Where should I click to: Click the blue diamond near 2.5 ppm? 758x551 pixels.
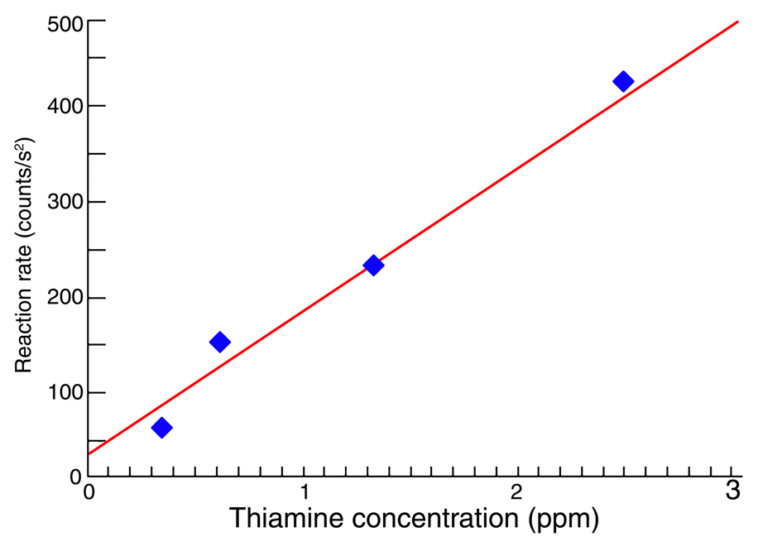coord(623,81)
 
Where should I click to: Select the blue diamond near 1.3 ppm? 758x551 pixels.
coord(373,266)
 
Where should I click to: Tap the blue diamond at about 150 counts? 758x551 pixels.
coord(219,342)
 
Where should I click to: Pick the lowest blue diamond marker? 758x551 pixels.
coord(161,428)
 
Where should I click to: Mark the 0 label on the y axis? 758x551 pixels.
coord(74,477)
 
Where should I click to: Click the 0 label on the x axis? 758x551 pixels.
coord(89,491)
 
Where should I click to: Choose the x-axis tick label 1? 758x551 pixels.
coord(304,491)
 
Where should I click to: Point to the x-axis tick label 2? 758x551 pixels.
coord(517,491)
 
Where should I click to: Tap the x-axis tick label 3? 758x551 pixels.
coord(732,490)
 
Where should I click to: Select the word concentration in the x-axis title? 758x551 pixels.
coord(437,519)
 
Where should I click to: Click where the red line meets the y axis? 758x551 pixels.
coord(88,453)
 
